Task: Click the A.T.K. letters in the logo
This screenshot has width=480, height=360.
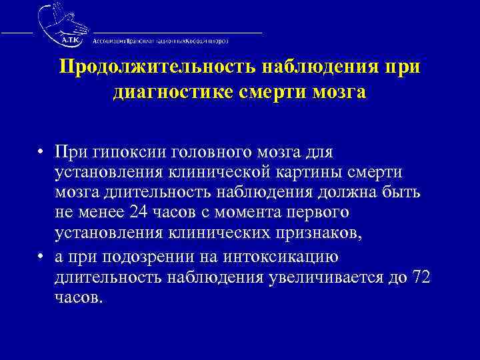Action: click(70, 40)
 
